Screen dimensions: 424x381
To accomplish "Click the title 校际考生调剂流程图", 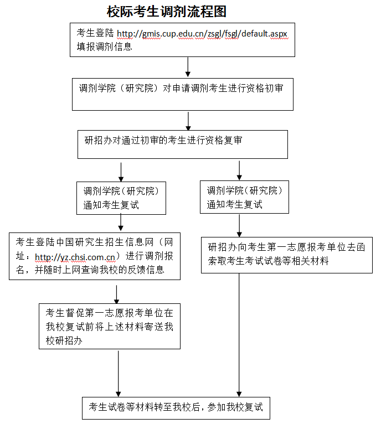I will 167,11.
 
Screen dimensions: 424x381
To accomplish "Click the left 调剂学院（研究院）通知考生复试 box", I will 121,198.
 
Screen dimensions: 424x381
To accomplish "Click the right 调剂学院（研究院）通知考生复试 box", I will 245,198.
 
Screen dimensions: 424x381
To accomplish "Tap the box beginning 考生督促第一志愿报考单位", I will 110,327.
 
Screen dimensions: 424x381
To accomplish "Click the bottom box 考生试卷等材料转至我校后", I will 176,409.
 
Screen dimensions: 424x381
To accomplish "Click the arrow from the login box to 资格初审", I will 188,66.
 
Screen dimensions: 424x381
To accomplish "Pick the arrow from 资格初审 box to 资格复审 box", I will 188,121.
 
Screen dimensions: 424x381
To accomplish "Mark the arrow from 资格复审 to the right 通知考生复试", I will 239,170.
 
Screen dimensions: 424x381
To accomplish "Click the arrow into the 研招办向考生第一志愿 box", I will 239,225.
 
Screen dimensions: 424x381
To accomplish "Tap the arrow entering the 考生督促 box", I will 116,294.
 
